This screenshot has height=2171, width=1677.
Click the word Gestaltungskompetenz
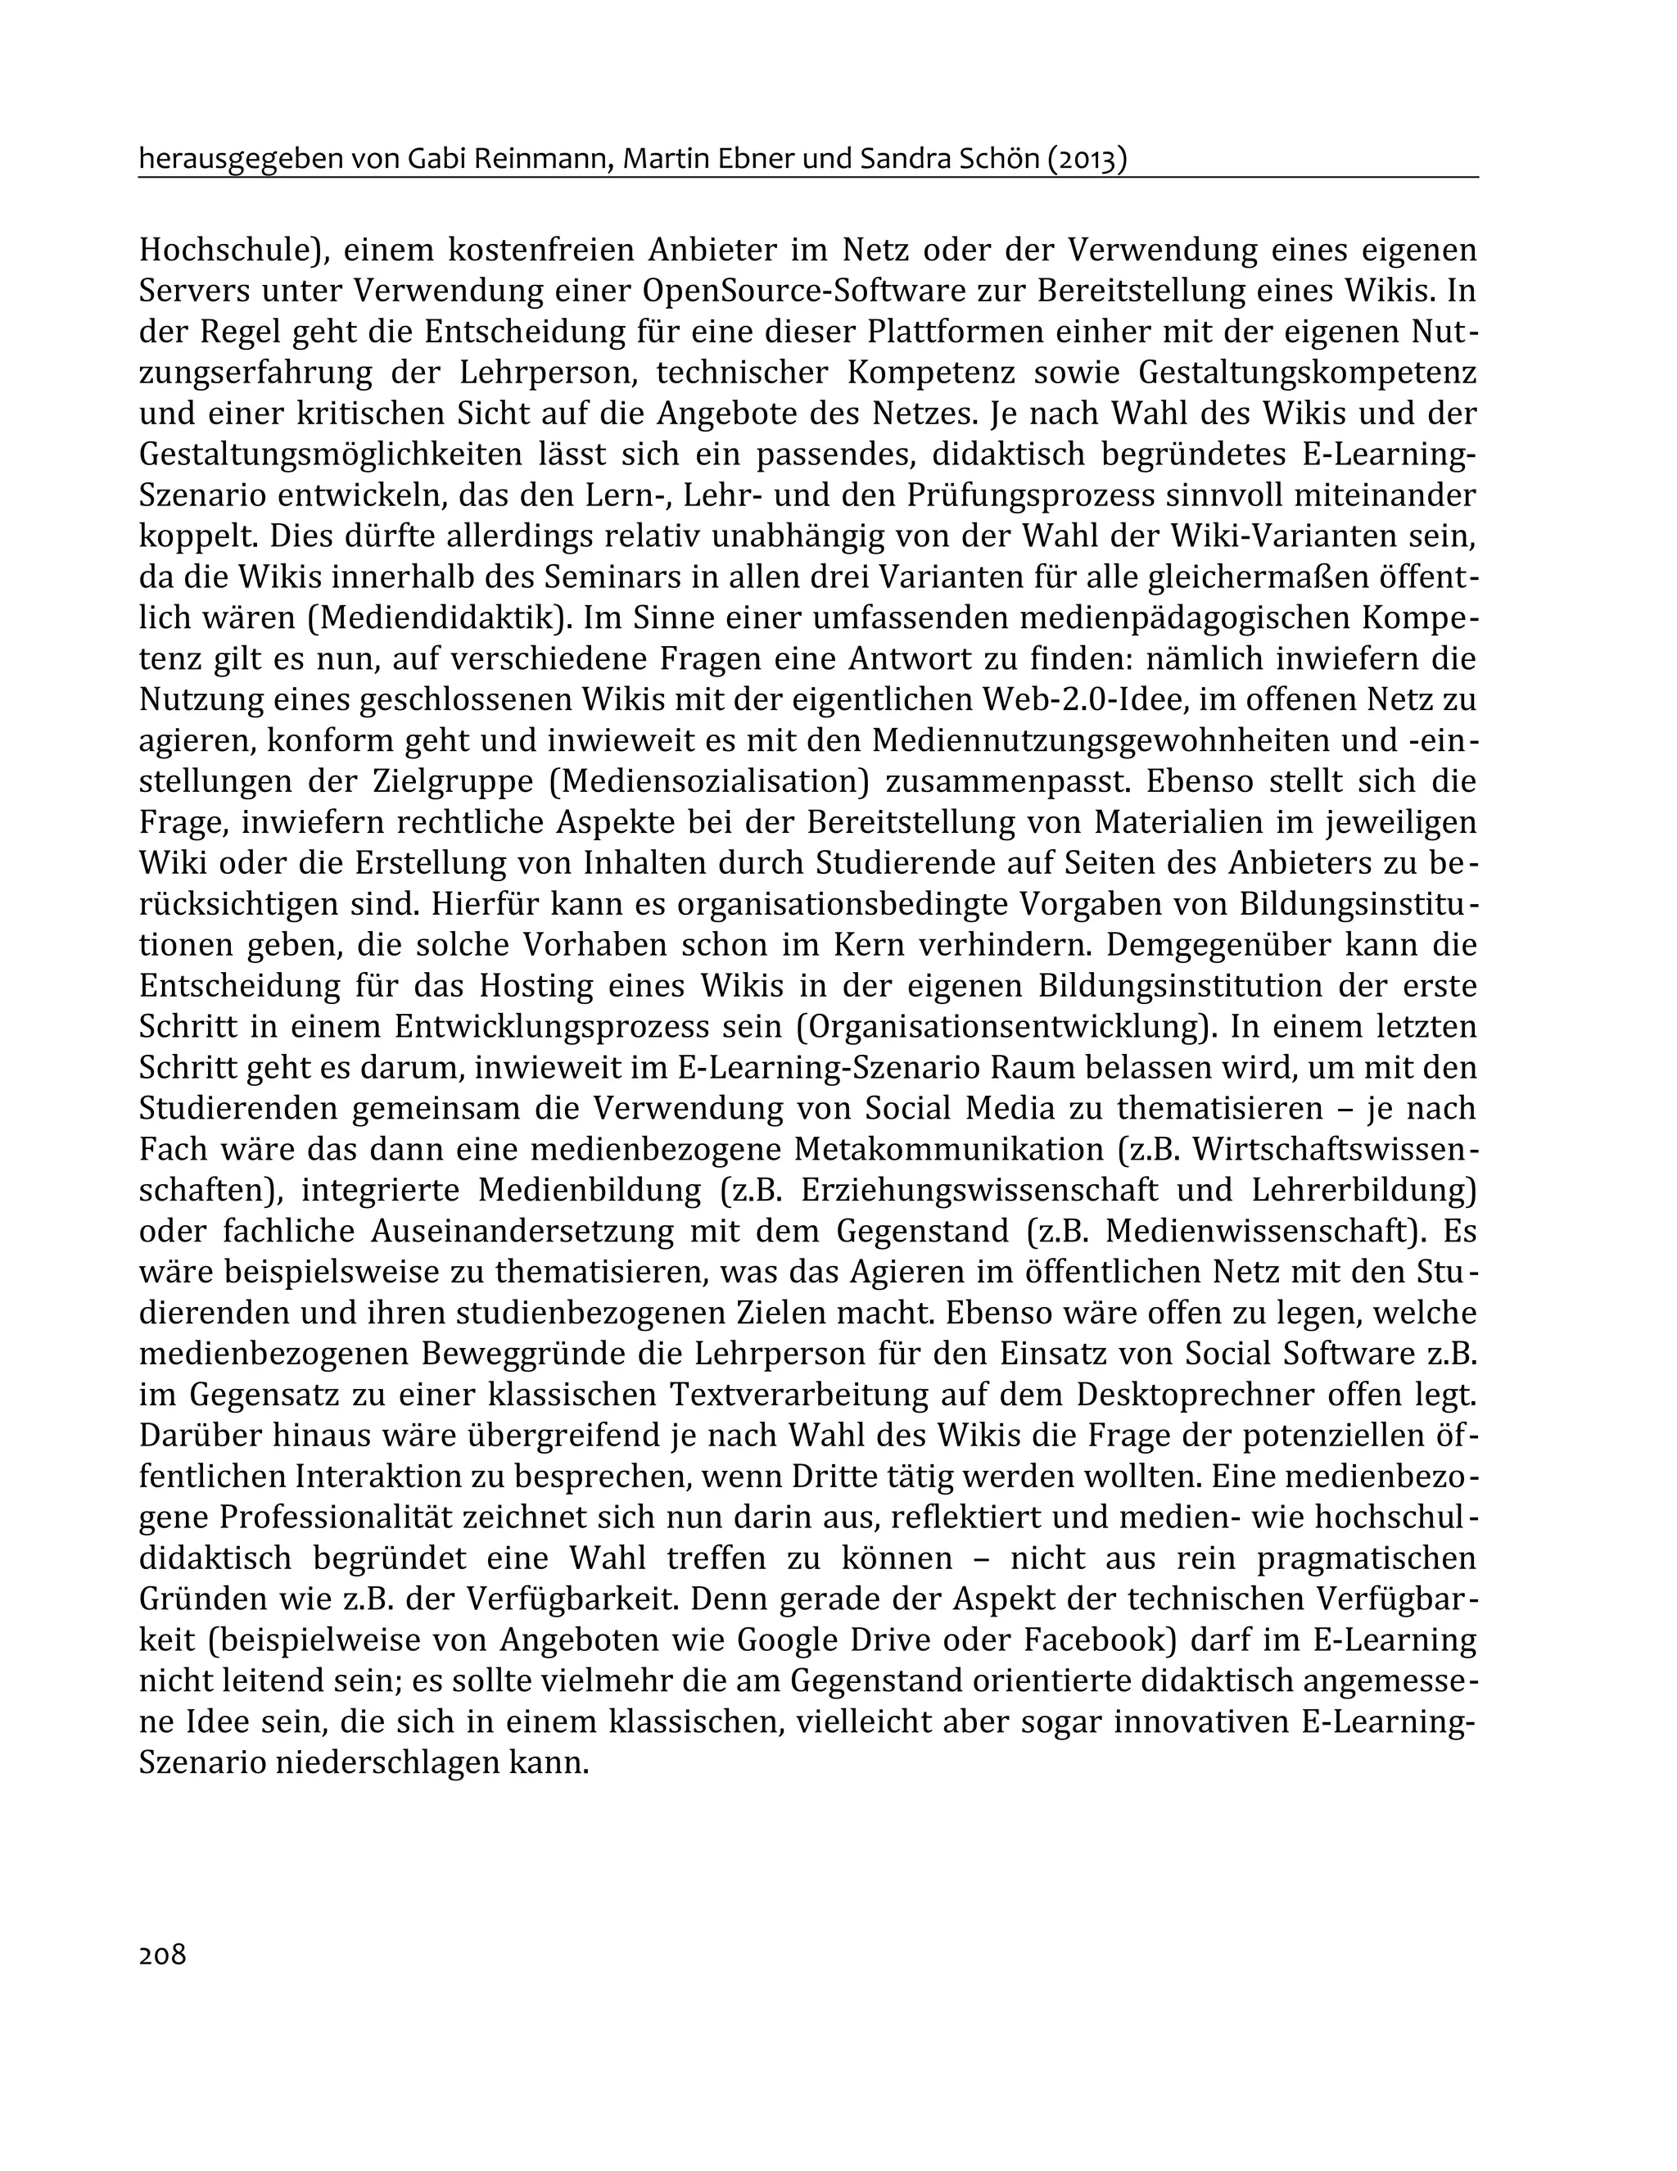pos(1306,373)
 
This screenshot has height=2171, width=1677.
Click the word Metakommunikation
pos(948,1149)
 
